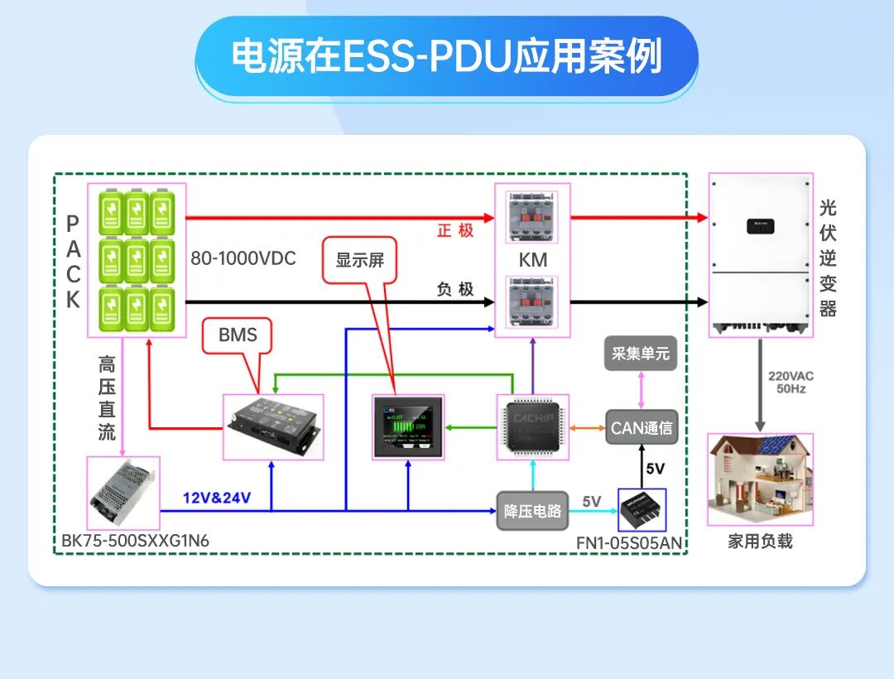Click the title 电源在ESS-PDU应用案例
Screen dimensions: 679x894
pos(447,56)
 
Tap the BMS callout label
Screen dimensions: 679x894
pos(238,335)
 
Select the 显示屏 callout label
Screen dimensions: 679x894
pos(360,259)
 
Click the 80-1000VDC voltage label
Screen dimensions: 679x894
pos(243,258)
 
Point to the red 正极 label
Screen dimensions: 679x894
pos(455,230)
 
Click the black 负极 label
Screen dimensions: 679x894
pos(455,289)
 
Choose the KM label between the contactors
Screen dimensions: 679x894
pos(533,259)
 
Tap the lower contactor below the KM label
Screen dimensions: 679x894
pos(533,306)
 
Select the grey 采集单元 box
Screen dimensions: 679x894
pos(640,354)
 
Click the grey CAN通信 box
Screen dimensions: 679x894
pos(642,428)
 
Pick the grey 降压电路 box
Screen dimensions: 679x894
pos(533,510)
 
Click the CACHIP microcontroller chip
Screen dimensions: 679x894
pos(533,427)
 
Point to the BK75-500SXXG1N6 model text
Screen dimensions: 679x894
pos(136,542)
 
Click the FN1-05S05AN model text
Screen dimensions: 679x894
pos(629,543)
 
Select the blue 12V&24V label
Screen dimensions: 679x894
pos(217,498)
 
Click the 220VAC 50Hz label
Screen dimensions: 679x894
pos(791,382)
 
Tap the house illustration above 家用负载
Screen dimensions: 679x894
pos(760,479)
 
